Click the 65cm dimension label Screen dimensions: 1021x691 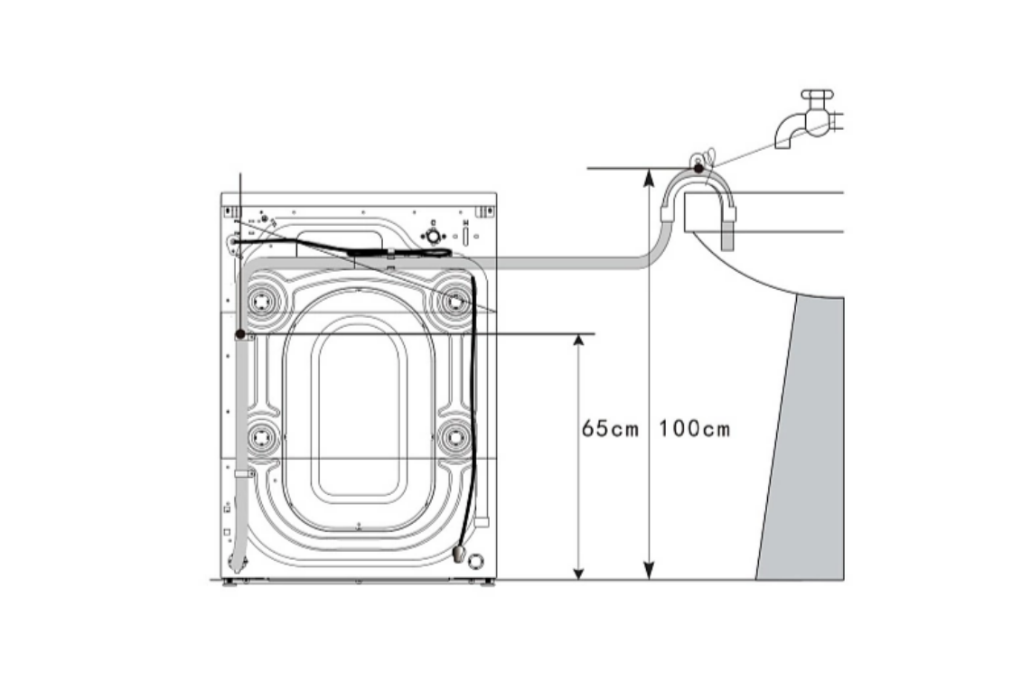pos(610,429)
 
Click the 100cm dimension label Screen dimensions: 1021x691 pos(694,429)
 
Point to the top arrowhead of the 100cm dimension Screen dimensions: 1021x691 pos(649,178)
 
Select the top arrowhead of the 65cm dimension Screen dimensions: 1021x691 pos(578,343)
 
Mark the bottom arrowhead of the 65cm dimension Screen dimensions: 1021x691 pos(578,571)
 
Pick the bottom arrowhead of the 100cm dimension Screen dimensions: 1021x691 pos(649,571)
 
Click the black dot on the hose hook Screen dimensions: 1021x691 pos(698,168)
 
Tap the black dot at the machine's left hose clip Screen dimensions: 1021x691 pos(240,334)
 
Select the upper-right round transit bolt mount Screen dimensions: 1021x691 pos(455,302)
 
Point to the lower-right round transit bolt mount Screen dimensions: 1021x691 pos(455,436)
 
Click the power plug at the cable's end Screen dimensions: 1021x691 pos(458,554)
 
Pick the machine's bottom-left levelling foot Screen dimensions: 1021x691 pos(229,583)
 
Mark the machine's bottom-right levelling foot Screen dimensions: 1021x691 pos(487,583)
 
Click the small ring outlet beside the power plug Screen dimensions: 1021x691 pos(477,559)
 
